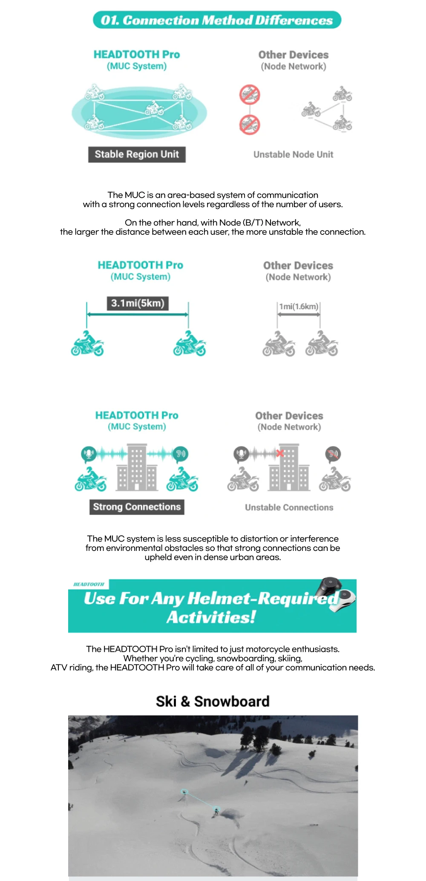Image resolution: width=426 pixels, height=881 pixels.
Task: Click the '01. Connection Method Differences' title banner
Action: tap(217, 20)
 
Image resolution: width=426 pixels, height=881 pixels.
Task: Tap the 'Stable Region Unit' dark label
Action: tap(137, 154)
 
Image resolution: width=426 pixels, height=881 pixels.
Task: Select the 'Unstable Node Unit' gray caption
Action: tap(293, 154)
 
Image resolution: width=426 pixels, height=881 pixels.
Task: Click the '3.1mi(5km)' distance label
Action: tap(138, 303)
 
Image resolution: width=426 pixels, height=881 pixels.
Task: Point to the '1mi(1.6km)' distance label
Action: tap(299, 307)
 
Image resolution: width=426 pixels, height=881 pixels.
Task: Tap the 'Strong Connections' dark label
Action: tap(137, 507)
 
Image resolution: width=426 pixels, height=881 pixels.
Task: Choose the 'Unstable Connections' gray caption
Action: tap(289, 508)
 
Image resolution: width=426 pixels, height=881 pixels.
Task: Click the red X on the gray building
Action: tap(280, 453)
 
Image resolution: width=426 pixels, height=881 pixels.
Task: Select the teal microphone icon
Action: tap(89, 454)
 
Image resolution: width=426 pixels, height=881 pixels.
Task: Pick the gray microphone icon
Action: tap(241, 454)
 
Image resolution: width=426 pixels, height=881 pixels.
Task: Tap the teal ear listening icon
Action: tap(181, 454)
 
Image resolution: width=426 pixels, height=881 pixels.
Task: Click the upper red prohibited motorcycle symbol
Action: tap(250, 94)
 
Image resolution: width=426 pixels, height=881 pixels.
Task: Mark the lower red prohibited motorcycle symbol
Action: tap(250, 125)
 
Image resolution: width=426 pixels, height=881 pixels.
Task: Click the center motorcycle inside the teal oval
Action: tap(154, 108)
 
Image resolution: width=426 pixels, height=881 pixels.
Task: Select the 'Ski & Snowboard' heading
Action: tap(213, 701)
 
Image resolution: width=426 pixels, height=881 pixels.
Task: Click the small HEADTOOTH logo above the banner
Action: tap(89, 584)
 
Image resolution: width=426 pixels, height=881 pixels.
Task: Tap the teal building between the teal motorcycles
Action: tap(137, 468)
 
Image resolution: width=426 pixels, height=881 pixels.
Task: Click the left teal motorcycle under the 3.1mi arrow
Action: tap(87, 344)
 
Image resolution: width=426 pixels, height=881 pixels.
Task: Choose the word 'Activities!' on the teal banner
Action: tap(211, 617)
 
